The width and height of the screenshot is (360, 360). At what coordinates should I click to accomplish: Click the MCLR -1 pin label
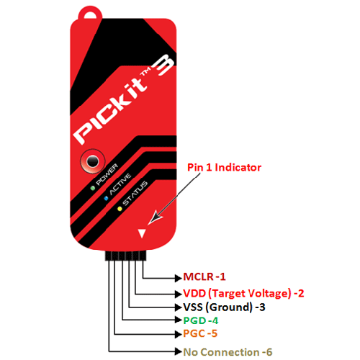point(204,276)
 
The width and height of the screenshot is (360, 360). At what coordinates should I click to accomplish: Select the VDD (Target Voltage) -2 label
point(243,294)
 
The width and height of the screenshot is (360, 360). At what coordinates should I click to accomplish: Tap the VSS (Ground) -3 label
point(224,307)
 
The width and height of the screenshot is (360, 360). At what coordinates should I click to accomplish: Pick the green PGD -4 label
point(201,320)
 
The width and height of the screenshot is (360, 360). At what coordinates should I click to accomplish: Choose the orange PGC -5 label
point(200,333)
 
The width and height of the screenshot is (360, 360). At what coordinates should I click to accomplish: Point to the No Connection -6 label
point(228,352)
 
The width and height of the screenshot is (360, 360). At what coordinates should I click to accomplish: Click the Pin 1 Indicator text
point(224,168)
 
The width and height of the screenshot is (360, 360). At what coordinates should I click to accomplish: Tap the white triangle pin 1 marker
point(142,233)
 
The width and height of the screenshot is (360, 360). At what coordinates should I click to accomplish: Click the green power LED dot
point(93,188)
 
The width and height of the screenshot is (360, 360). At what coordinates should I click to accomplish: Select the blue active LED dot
point(106,199)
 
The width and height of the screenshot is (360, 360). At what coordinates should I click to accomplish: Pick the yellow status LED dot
point(120,209)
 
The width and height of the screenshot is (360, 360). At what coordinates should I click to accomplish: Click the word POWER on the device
point(107,174)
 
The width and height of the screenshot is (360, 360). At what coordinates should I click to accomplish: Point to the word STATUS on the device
point(135,193)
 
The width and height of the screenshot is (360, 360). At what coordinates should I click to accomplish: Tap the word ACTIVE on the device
point(120,184)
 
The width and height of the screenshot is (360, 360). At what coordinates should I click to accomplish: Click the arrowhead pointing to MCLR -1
point(179,278)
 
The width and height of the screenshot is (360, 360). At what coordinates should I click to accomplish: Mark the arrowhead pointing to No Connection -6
point(179,351)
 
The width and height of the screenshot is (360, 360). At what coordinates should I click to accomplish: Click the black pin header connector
point(125,256)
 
